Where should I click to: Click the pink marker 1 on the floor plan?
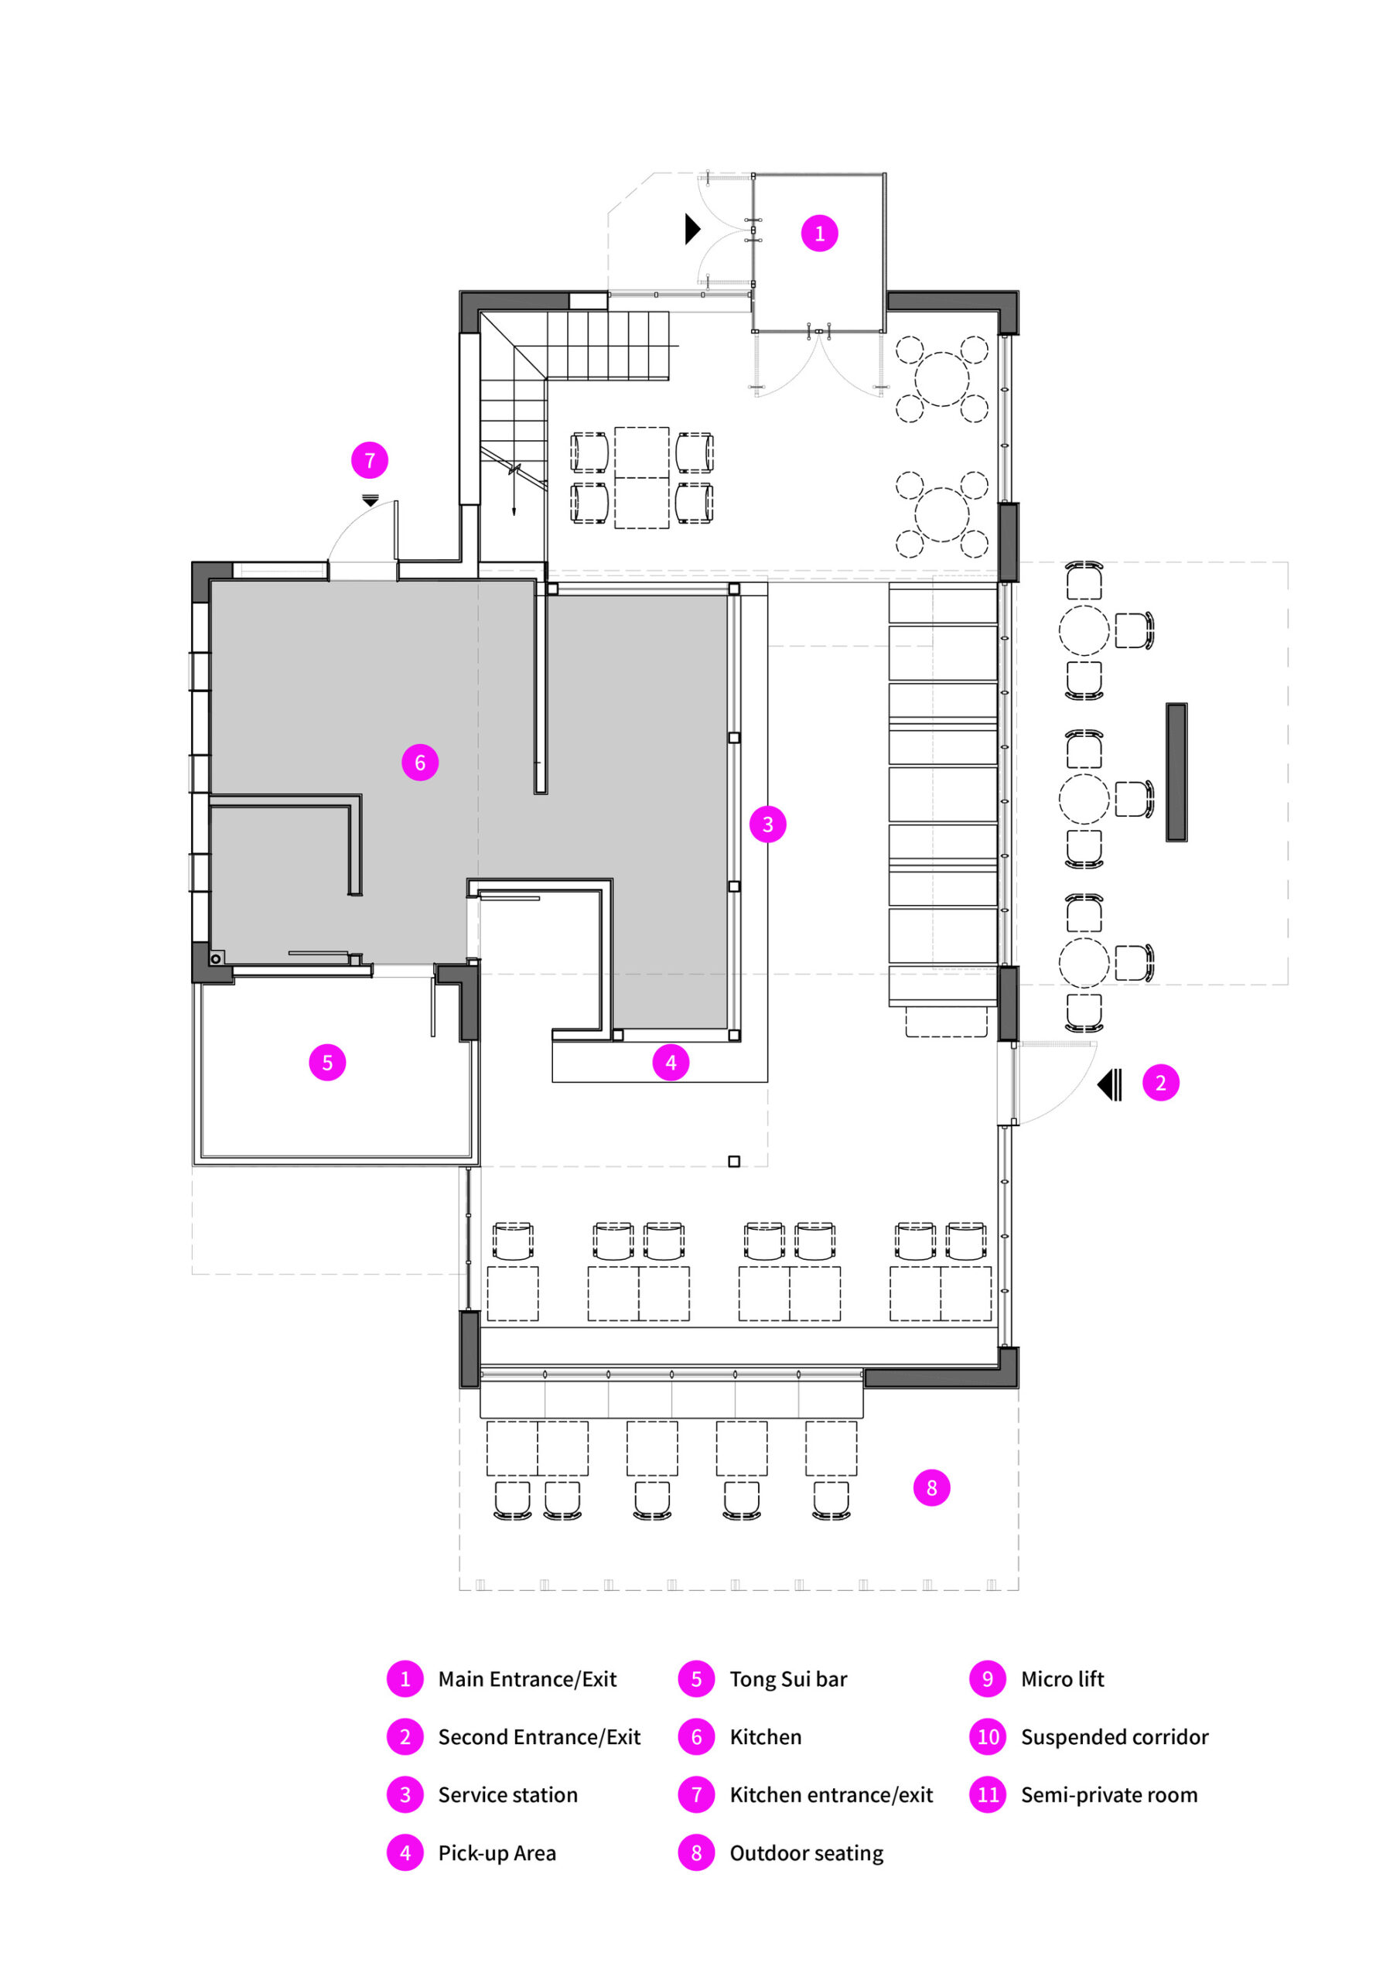pos(819,233)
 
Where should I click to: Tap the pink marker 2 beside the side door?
pos(1160,1083)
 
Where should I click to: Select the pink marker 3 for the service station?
pos(768,824)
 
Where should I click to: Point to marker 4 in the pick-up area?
pos(671,1063)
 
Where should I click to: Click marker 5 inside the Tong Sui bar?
pos(327,1063)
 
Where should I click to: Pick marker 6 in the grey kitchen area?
pos(420,763)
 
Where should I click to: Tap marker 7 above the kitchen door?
pos(369,460)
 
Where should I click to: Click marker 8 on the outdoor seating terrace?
pos(931,1487)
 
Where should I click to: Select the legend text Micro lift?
pos(1063,1679)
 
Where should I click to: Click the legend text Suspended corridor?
pos(1115,1737)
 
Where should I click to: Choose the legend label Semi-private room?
pos(1109,1794)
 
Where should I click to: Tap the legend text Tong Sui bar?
pos(788,1679)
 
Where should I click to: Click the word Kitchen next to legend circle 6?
pos(766,1737)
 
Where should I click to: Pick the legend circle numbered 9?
pos(988,1679)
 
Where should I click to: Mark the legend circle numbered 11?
pos(988,1794)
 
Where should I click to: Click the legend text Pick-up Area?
pos(497,1853)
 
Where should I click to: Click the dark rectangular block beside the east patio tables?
pos(1176,772)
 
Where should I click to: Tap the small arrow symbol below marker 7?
pos(370,500)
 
